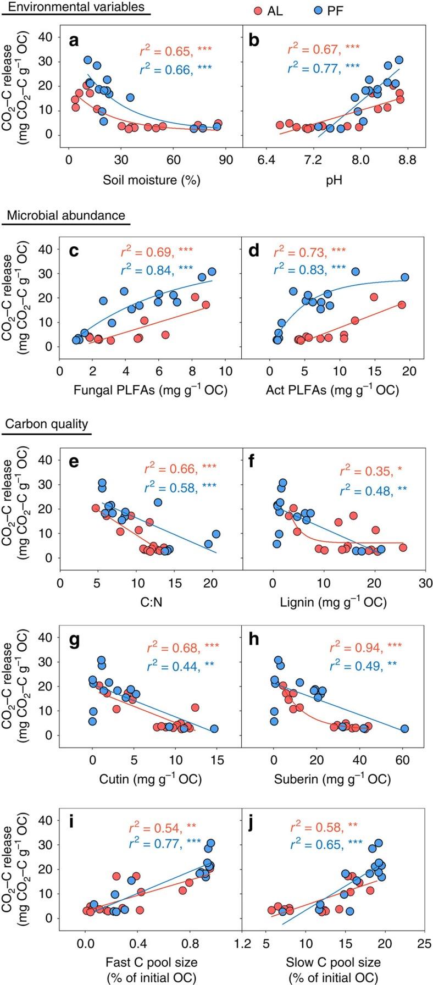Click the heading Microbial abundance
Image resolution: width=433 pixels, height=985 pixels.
tap(66, 215)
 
